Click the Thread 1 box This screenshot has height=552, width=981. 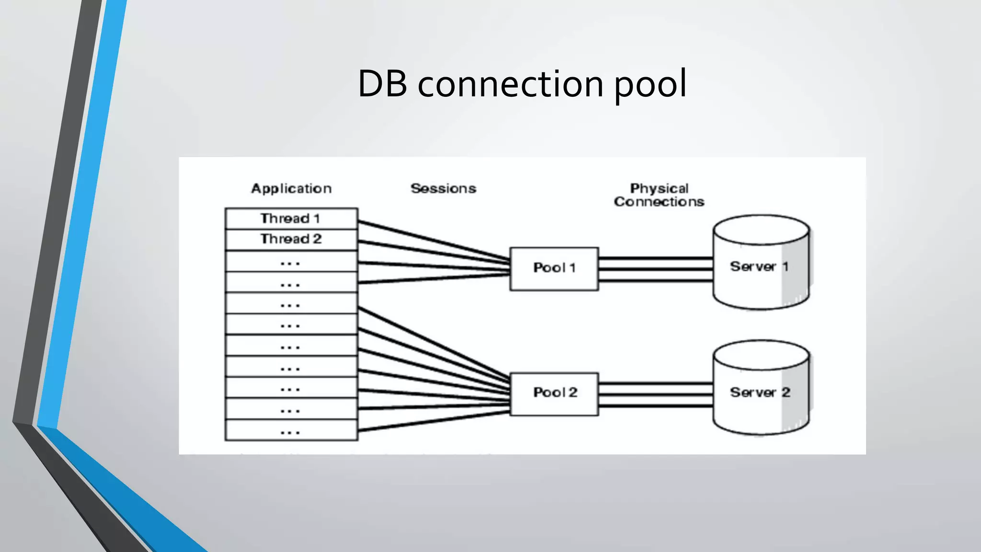291,218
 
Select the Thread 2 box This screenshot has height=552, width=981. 291,239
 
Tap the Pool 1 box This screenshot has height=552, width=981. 554,268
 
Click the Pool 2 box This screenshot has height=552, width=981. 554,393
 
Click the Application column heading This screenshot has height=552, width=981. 291,189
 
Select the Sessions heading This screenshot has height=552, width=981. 443,189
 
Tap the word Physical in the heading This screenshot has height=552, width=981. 659,188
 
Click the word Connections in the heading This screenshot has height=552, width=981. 659,202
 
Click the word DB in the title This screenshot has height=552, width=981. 382,84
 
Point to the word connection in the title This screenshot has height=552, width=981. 511,84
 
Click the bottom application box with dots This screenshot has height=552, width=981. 291,430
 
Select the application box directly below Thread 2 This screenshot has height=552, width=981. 291,261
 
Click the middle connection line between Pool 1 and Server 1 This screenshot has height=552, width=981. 655,269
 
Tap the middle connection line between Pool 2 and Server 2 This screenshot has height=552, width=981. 655,395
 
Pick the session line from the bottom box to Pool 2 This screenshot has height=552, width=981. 433,421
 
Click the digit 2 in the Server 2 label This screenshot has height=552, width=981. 786,392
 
